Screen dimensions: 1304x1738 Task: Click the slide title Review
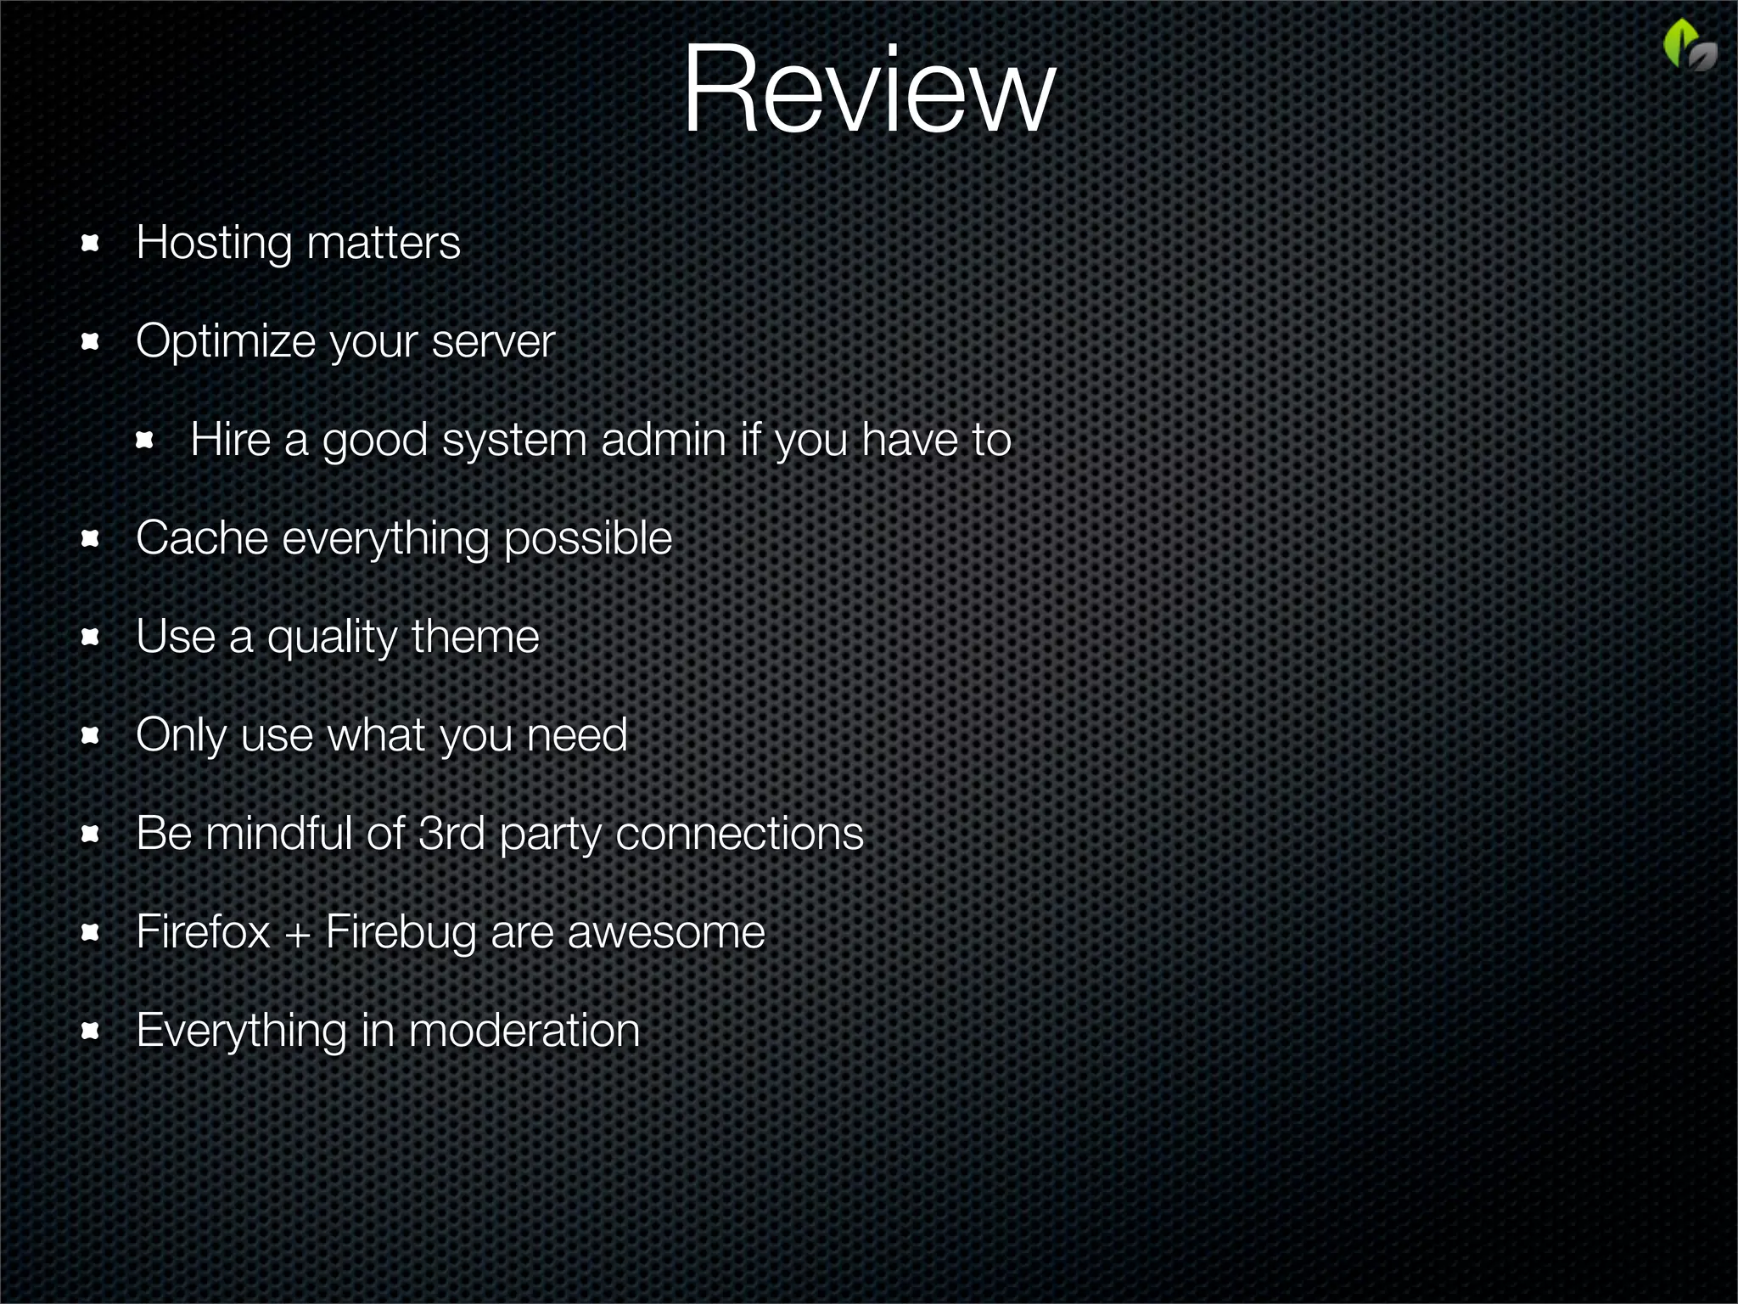tap(868, 92)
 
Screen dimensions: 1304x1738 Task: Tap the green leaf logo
tap(1688, 47)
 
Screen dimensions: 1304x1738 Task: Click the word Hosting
tap(213, 244)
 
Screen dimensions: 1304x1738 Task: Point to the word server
tap(492, 342)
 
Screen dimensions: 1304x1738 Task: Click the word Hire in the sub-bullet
tap(230, 440)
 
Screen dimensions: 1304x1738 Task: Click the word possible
tap(587, 540)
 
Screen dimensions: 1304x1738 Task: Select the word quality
tap(332, 638)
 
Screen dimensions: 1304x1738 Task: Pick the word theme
tap(475, 637)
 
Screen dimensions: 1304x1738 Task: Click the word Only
tap(181, 736)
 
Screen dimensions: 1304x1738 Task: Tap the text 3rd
tap(451, 834)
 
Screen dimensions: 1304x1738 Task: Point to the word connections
tap(739, 834)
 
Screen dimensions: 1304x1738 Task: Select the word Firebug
tap(401, 933)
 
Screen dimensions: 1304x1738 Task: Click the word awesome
tap(665, 933)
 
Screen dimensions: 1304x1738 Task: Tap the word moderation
tap(524, 1031)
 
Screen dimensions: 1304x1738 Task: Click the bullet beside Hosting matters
tap(90, 244)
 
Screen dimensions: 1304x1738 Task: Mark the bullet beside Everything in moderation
tap(90, 1031)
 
